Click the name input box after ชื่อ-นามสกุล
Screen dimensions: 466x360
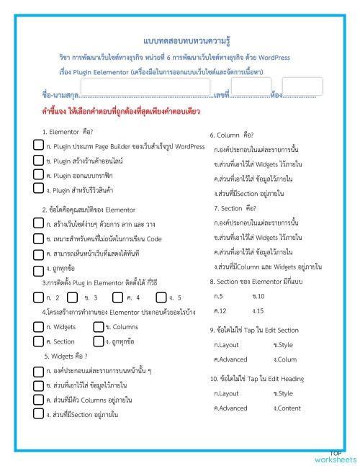coord(145,87)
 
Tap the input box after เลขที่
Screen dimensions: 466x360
coord(247,86)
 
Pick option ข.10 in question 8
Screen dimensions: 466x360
coord(258,296)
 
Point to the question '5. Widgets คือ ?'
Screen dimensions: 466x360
coord(66,356)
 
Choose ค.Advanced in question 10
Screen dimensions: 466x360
coord(230,408)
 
